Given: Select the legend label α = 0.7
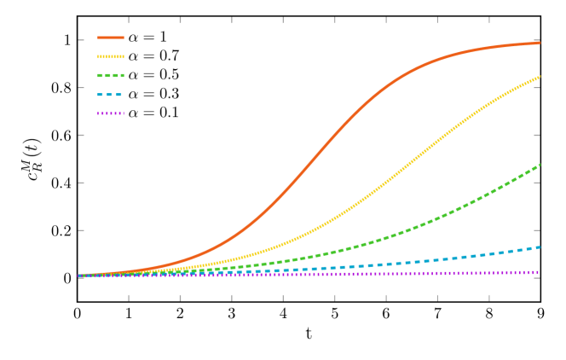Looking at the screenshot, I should pyautogui.click(x=153, y=55).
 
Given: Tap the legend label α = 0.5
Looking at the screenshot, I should pyautogui.click(x=153, y=74).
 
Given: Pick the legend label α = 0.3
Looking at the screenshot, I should pyautogui.click(x=153, y=94).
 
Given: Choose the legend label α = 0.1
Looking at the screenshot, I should pyautogui.click(x=153, y=113).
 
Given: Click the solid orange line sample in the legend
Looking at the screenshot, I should pyautogui.click(x=111, y=38).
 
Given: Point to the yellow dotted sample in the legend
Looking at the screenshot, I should pyautogui.click(x=111, y=56).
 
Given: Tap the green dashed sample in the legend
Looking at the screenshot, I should pyautogui.click(x=111, y=75).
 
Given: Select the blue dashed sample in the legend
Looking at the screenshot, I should pyautogui.click(x=111, y=94).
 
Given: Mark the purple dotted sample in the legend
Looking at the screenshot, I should pyautogui.click(x=111, y=113).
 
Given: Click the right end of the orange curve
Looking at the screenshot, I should pyautogui.click(x=540, y=42).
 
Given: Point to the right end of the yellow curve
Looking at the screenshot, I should pyautogui.click(x=540, y=77).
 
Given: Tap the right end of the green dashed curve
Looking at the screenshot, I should pyautogui.click(x=540, y=165).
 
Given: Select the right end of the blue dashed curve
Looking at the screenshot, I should pyautogui.click(x=540, y=247).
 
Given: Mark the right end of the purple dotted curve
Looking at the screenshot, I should pyautogui.click(x=539, y=272).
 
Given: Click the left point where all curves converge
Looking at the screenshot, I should pyautogui.click(x=79, y=276).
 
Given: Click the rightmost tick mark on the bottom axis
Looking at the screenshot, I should pyautogui.click(x=540, y=297).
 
